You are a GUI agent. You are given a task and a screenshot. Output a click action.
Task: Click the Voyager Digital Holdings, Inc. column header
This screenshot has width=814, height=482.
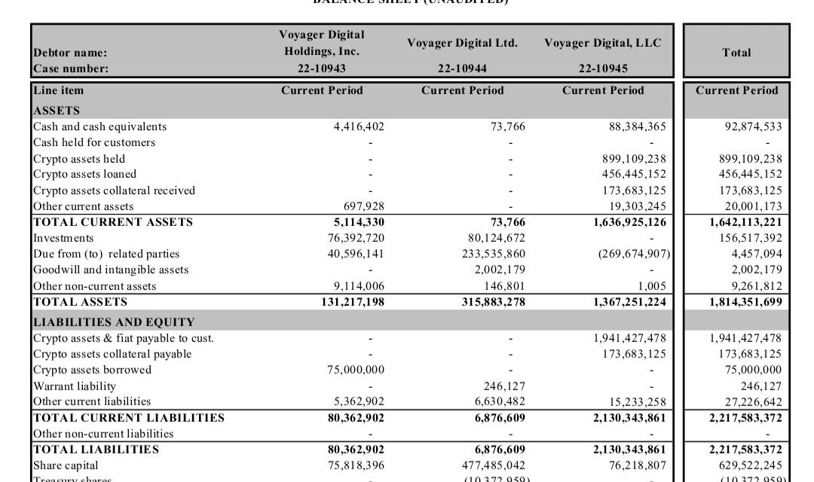coord(322,43)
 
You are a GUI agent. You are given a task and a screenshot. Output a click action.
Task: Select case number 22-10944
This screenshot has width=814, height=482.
coord(462,69)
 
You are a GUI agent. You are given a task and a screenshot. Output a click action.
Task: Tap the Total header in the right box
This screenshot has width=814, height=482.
coord(736,52)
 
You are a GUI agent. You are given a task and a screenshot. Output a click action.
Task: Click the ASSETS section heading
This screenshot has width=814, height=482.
coord(57,110)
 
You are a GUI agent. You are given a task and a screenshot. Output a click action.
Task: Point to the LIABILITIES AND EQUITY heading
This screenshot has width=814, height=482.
coord(113,322)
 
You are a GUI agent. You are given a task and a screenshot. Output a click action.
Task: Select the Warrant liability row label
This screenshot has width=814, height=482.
coord(75,386)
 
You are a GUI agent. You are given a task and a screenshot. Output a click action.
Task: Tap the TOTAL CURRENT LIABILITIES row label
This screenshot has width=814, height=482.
coord(128,417)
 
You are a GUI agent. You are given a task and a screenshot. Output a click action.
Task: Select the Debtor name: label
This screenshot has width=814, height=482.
coord(70,53)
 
